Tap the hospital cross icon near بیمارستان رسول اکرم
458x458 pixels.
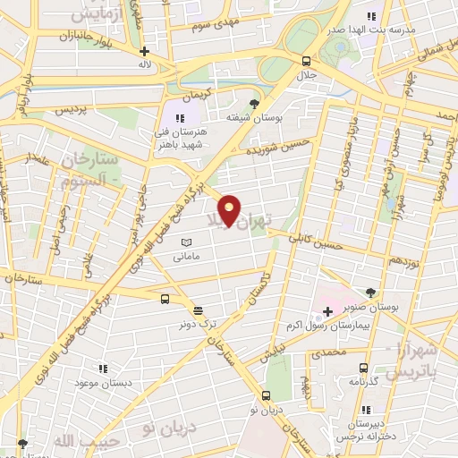coord(327,311)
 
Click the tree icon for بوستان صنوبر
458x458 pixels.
coord(372,291)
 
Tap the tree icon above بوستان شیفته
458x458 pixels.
coord(255,104)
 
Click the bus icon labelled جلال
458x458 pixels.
coord(307,62)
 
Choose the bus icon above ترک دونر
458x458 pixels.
coord(165,299)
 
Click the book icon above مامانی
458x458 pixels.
coord(187,242)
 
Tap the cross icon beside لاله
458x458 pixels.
coord(144,52)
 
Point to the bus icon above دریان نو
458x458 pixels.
coord(266,394)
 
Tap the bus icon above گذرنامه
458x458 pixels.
coord(362,368)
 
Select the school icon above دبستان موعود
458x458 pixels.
coord(104,368)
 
